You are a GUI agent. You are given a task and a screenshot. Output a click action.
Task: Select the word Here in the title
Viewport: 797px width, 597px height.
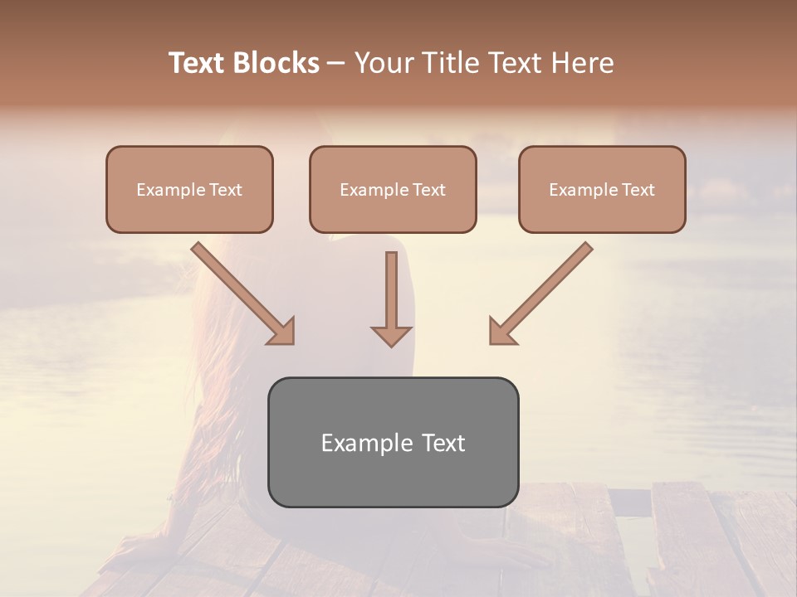pos(580,63)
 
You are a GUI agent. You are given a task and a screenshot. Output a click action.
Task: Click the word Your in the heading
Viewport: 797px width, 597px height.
pos(381,63)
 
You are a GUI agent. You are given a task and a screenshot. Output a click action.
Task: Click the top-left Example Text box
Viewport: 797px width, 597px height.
pos(189,189)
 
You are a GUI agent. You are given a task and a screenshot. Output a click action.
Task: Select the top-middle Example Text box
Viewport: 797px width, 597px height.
pos(393,189)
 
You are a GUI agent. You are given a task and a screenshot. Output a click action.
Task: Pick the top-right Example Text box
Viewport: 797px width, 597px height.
pos(602,189)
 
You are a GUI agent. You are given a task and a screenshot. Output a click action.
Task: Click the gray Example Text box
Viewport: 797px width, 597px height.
pos(393,442)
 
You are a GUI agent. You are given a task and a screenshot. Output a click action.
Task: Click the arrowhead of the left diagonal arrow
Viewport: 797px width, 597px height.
pos(282,332)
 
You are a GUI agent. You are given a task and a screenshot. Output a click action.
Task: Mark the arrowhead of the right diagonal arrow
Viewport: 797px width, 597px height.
pos(501,332)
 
